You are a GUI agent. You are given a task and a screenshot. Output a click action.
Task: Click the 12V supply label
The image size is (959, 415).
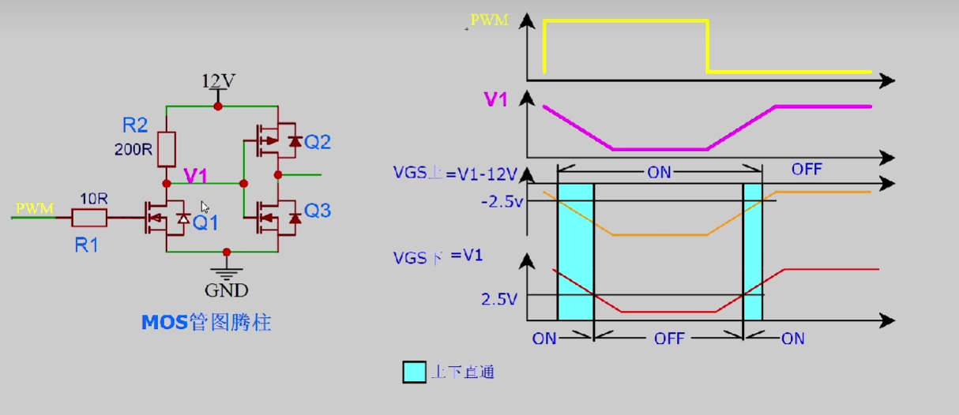(219, 81)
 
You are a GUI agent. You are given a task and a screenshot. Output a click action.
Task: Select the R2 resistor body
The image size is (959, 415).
(167, 148)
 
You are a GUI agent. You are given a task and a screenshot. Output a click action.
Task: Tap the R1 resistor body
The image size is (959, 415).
(89, 218)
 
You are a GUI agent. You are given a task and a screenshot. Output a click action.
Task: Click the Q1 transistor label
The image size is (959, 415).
(205, 223)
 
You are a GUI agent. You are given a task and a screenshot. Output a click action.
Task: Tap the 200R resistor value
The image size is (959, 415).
(135, 148)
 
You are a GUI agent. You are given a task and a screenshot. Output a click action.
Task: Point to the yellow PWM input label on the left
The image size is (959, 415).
(35, 208)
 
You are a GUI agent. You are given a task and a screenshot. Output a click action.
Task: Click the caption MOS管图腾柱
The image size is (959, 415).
(205, 322)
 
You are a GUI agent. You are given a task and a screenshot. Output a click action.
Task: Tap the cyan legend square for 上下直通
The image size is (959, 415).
(414, 372)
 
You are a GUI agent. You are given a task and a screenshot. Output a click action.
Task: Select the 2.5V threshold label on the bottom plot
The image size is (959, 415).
(498, 299)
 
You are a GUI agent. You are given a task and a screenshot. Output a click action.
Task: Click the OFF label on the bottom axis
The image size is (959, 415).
(668, 338)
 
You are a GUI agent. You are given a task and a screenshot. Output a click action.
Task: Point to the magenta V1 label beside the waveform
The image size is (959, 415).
(495, 99)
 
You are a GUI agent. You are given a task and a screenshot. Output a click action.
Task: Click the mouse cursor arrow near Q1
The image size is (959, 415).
(205, 207)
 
